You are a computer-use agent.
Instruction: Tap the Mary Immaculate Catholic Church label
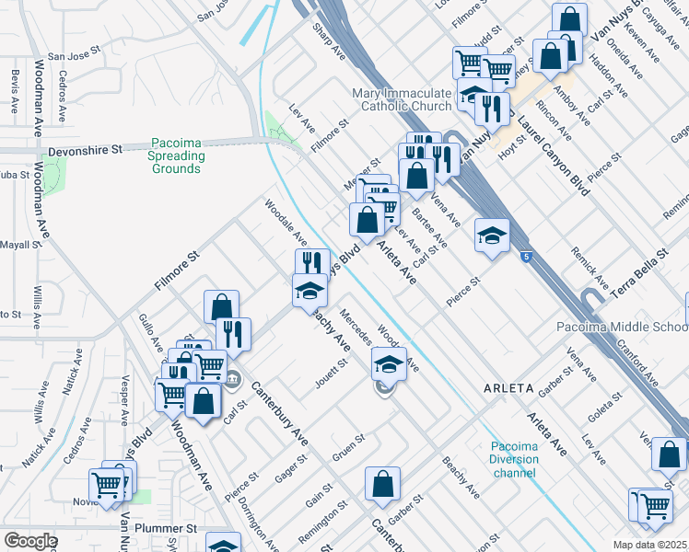403,99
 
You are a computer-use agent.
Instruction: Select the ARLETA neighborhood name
508,388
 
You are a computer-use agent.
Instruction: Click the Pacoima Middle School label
623,328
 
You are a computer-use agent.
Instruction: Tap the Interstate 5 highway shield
525,258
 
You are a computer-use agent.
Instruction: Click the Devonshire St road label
85,148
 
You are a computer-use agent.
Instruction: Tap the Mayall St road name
18,245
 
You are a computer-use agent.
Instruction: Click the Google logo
29,541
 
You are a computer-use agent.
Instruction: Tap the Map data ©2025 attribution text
650,545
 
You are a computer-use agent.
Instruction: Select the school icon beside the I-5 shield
492,235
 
